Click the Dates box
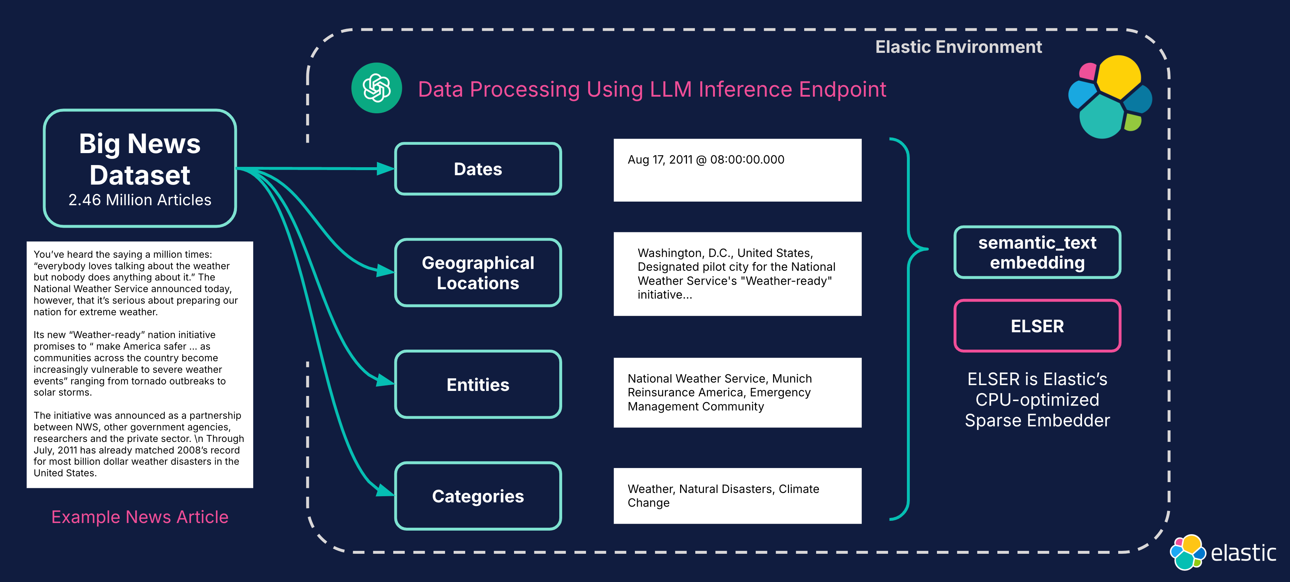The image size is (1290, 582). coord(478,169)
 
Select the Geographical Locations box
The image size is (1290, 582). coord(478,273)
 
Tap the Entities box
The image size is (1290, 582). coord(478,384)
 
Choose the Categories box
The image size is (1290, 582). coord(478,496)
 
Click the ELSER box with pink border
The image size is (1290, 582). coord(1037,326)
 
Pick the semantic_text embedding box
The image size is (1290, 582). coord(1037,252)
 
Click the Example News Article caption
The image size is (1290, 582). coord(140,516)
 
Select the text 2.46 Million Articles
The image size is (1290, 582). coord(140,200)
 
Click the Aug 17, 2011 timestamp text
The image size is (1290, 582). coord(706,160)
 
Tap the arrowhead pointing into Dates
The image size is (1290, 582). coord(386,169)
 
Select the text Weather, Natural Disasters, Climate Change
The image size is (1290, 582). coord(723,495)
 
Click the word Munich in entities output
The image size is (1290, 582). coord(791,379)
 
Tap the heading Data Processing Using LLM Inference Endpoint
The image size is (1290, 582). coord(652,89)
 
